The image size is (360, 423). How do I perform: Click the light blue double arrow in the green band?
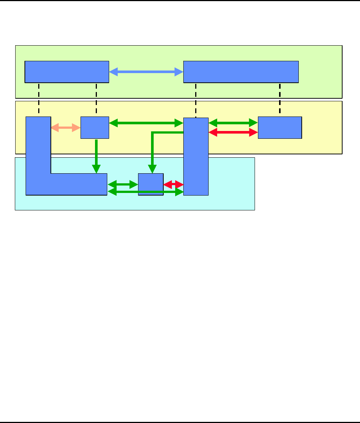[146, 72]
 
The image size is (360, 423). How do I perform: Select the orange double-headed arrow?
[66, 128]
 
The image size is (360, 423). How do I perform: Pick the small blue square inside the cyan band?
[151, 184]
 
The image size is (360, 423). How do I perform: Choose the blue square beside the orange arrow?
[95, 128]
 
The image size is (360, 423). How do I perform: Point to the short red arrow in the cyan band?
[173, 184]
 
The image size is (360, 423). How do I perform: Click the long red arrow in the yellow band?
[233, 132]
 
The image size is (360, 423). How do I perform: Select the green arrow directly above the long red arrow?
[233, 122]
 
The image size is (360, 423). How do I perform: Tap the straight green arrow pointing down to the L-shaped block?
[96, 156]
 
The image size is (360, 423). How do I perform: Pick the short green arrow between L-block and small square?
[122, 184]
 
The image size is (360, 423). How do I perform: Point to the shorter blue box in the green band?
[67, 72]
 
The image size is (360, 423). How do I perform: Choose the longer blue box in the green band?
[241, 72]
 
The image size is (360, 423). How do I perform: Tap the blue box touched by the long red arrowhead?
[280, 128]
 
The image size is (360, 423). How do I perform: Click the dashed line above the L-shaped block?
[39, 99]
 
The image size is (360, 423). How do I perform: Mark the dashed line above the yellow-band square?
[96, 99]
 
